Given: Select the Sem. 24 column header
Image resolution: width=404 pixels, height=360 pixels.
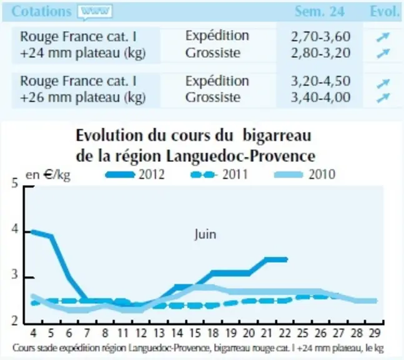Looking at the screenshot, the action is [x=319, y=11].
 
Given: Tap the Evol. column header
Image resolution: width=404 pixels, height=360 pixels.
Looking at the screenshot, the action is [x=384, y=11].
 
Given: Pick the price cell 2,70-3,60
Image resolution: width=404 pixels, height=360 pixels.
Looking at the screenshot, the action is [x=321, y=36].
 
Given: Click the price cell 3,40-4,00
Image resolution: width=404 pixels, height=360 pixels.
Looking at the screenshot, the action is [x=321, y=97].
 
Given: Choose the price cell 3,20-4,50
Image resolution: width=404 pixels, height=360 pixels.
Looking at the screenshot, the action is [x=321, y=81].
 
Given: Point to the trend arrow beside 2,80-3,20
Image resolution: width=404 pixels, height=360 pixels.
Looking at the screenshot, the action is [x=383, y=53].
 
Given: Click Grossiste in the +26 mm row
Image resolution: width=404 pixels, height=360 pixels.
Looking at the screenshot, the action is [x=213, y=97].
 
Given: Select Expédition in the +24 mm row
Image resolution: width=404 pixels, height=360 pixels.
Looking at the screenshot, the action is [x=217, y=36].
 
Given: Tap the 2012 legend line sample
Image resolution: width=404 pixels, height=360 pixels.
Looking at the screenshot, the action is [x=120, y=175].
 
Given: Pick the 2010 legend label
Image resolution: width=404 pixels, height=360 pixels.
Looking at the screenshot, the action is [x=322, y=174].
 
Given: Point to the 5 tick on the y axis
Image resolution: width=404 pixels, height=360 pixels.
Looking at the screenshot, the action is [x=15, y=183].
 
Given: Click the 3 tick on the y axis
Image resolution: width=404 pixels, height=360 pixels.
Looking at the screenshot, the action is [x=15, y=274].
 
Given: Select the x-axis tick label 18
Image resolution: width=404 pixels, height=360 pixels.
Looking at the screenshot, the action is [x=213, y=333].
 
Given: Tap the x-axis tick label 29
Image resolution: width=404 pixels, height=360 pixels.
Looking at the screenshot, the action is [x=375, y=333].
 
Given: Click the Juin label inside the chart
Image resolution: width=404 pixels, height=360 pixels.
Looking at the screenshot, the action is [x=205, y=234].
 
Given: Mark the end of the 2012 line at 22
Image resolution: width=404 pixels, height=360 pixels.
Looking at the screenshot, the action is [x=286, y=259].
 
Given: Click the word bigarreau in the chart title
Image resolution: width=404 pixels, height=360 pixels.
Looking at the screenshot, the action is [x=277, y=136].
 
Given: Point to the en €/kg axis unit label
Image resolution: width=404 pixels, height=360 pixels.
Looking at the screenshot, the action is [x=48, y=176].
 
